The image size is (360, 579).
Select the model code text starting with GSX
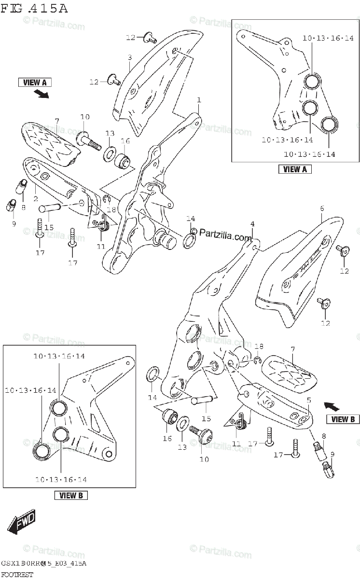(x=43, y=564)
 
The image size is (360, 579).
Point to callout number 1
(x=198, y=100)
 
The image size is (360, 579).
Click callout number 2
(x=35, y=199)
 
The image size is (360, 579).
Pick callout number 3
(x=129, y=58)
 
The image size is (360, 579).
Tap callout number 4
(x=251, y=224)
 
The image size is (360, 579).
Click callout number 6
(x=321, y=208)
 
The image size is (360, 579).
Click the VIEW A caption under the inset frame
(x=295, y=169)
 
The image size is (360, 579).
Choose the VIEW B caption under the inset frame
(x=71, y=495)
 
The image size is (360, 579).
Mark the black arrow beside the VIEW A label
(x=43, y=94)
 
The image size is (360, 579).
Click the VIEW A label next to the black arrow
(x=35, y=83)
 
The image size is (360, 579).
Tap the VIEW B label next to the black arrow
(x=343, y=419)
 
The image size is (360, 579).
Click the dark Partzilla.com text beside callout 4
(x=226, y=235)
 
